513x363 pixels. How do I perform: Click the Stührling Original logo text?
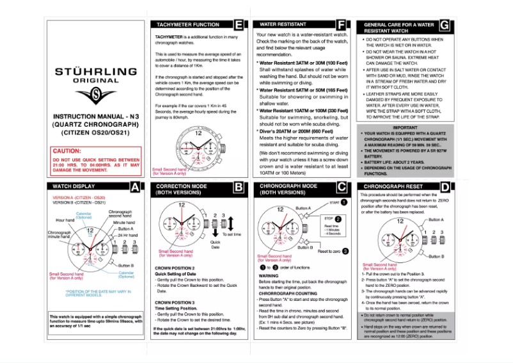(x=95, y=75)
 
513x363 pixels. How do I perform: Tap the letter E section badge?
(x=239, y=26)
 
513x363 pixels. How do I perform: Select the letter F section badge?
(x=342, y=26)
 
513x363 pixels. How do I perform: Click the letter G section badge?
(x=445, y=26)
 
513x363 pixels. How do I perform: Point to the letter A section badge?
(x=135, y=187)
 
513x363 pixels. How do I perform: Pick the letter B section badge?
(x=239, y=187)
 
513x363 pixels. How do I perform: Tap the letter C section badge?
(x=342, y=187)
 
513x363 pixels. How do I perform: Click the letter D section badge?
(x=445, y=187)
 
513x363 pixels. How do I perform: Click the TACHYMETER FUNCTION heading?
(x=185, y=25)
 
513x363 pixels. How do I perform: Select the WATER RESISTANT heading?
(x=279, y=24)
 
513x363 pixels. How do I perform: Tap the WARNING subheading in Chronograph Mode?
(x=268, y=276)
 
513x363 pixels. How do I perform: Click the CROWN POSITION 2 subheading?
(x=176, y=267)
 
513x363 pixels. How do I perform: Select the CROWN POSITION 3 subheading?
(x=176, y=301)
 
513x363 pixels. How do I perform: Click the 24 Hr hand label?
(x=129, y=235)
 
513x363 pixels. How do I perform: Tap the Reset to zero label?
(x=328, y=251)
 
